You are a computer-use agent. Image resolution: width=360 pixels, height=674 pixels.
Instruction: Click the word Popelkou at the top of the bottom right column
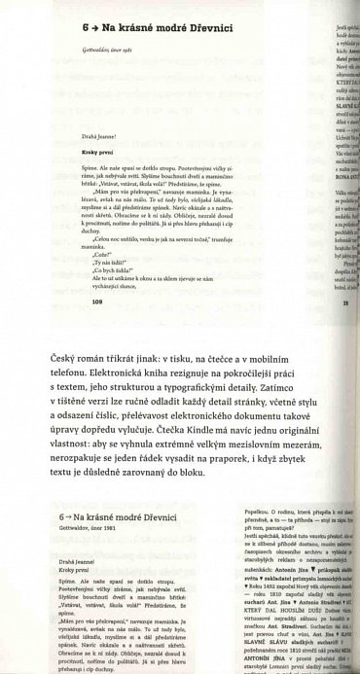pos(256,511)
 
